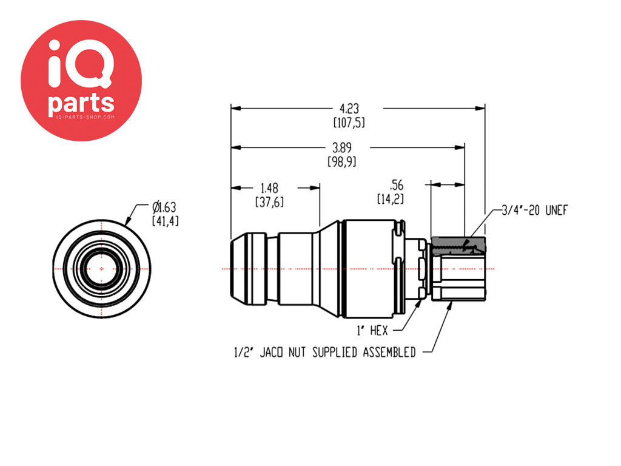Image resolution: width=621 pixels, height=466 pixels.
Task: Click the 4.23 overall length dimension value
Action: point(349,109)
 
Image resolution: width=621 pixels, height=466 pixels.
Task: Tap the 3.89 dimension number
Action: point(342,148)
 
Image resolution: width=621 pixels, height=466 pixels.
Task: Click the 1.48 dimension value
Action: point(269,188)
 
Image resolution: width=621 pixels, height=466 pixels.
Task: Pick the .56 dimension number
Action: point(396,185)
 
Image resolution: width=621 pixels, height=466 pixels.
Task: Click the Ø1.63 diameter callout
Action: point(164,207)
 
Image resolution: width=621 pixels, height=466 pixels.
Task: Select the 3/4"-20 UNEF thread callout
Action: point(535,210)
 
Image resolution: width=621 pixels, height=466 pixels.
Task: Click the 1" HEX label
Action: point(372,330)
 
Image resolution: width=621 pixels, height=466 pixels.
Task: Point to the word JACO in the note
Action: point(271,353)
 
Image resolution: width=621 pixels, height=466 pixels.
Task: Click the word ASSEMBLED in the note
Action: point(389,353)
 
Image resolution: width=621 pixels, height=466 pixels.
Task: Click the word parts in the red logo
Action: point(81,103)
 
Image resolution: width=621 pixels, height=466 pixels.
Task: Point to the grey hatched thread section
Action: point(458,245)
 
